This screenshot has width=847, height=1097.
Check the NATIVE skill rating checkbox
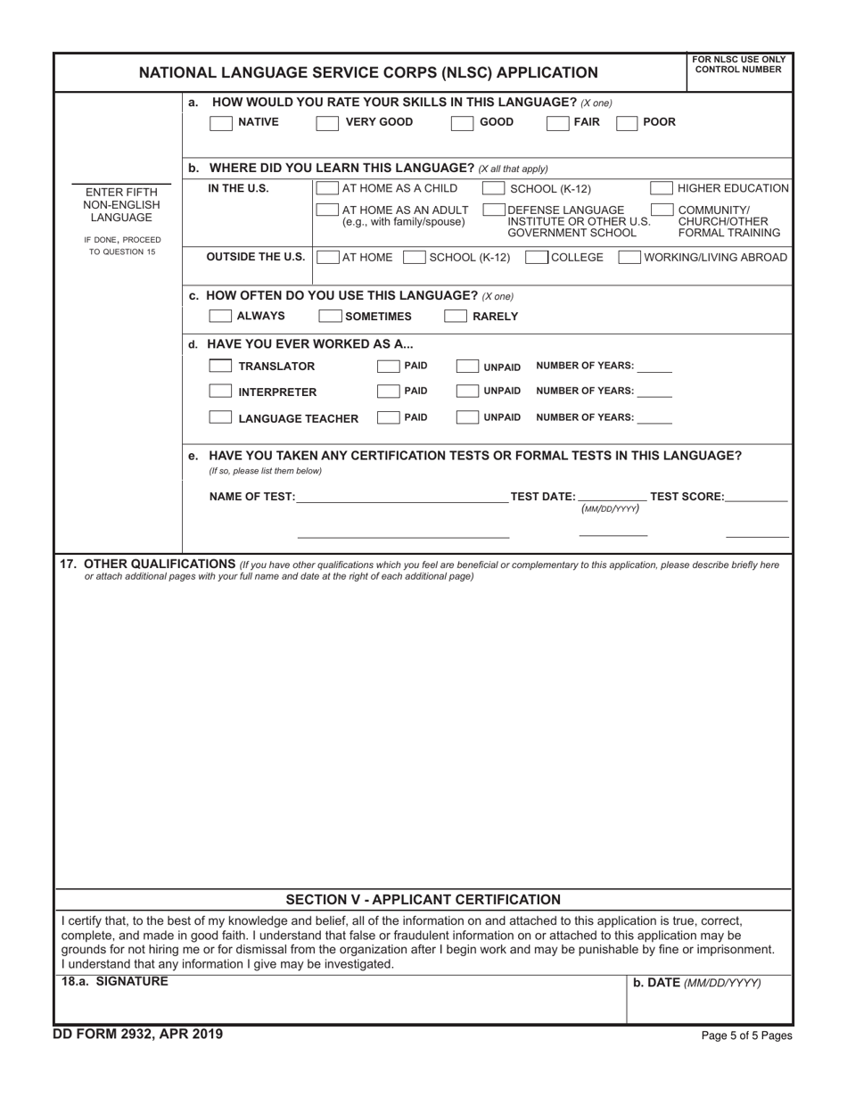pos(220,123)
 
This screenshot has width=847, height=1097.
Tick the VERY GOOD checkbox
pos(327,123)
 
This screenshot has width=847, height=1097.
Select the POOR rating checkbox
pos(628,123)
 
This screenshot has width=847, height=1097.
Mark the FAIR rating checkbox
pos(557,123)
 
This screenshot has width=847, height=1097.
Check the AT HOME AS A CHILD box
pos(327,188)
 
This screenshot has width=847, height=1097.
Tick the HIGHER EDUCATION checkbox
pos(661,188)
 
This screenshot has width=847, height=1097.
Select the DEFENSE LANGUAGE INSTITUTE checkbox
pos(493,210)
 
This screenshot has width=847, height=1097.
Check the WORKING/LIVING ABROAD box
pos(629,258)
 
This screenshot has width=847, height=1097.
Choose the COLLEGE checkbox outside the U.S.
pos(537,258)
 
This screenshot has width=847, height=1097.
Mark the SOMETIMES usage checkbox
pos(330,316)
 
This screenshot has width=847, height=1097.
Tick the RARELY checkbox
pos(455,316)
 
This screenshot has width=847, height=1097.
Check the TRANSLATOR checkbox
pos(220,367)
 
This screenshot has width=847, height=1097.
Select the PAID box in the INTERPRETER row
pos(388,392)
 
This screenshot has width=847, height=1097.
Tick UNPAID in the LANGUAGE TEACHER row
pos(466,417)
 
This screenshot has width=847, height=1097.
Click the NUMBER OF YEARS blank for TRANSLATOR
pos(655,367)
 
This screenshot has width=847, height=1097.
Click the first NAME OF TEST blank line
pos(402,498)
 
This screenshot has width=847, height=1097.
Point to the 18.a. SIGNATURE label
pos(114,982)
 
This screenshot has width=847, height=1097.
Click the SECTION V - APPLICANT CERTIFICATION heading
pos(423,900)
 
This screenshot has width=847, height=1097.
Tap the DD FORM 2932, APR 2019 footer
pos(139,1035)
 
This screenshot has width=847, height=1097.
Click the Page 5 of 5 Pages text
pos(747,1036)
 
